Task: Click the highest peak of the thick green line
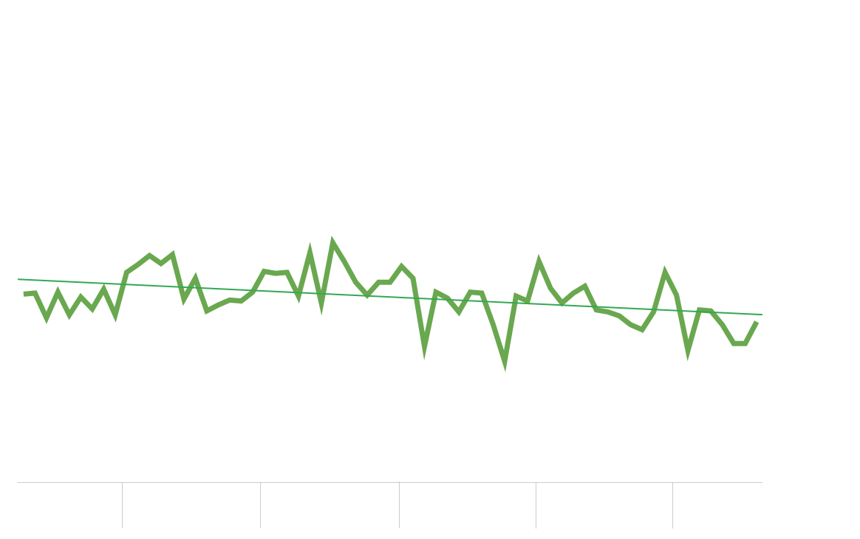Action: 332,241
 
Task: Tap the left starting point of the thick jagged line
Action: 24,294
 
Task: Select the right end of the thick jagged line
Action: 757,322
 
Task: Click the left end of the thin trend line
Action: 18,279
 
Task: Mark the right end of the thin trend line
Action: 762,315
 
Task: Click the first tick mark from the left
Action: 122,505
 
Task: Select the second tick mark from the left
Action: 260,505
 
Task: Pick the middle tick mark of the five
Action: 399,505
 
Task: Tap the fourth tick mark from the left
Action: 536,505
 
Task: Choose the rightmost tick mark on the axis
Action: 672,505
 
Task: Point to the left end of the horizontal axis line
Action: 18,482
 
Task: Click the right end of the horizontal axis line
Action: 762,482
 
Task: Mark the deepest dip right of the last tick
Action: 688,353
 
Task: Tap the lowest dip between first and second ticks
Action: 207,311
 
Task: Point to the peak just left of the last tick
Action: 665,271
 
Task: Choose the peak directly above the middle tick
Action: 402,266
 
